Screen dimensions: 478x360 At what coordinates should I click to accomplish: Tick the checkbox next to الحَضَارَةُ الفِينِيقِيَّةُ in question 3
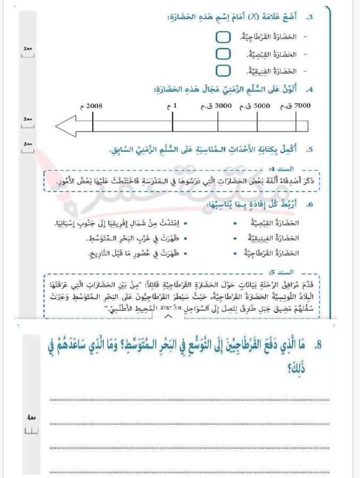224,71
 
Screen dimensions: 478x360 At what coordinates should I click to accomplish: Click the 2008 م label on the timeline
94,106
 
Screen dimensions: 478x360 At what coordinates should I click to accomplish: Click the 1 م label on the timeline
173,106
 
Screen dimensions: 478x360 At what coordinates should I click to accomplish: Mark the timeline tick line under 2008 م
93,126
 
